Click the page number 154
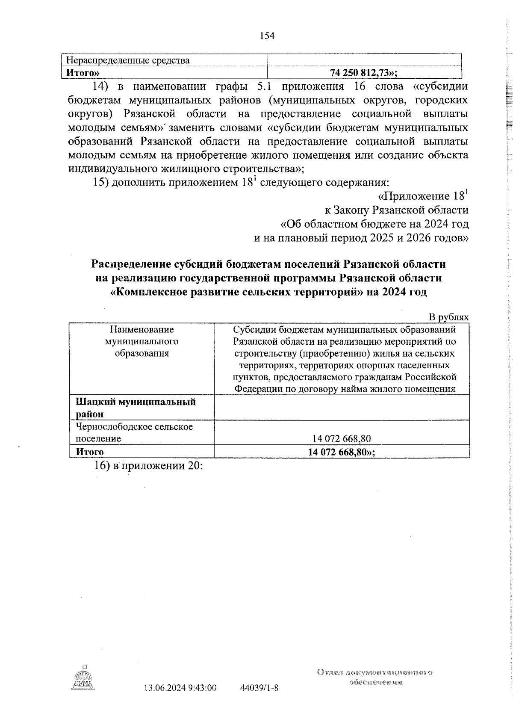click(267, 36)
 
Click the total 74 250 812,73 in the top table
click(363, 72)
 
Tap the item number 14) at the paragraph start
click(102, 87)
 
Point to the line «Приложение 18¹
click(423, 196)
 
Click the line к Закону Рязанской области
click(397, 210)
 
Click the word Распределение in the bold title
click(131, 264)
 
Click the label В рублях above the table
click(449, 317)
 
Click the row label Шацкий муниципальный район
click(142, 408)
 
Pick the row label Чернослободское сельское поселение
click(134, 432)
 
